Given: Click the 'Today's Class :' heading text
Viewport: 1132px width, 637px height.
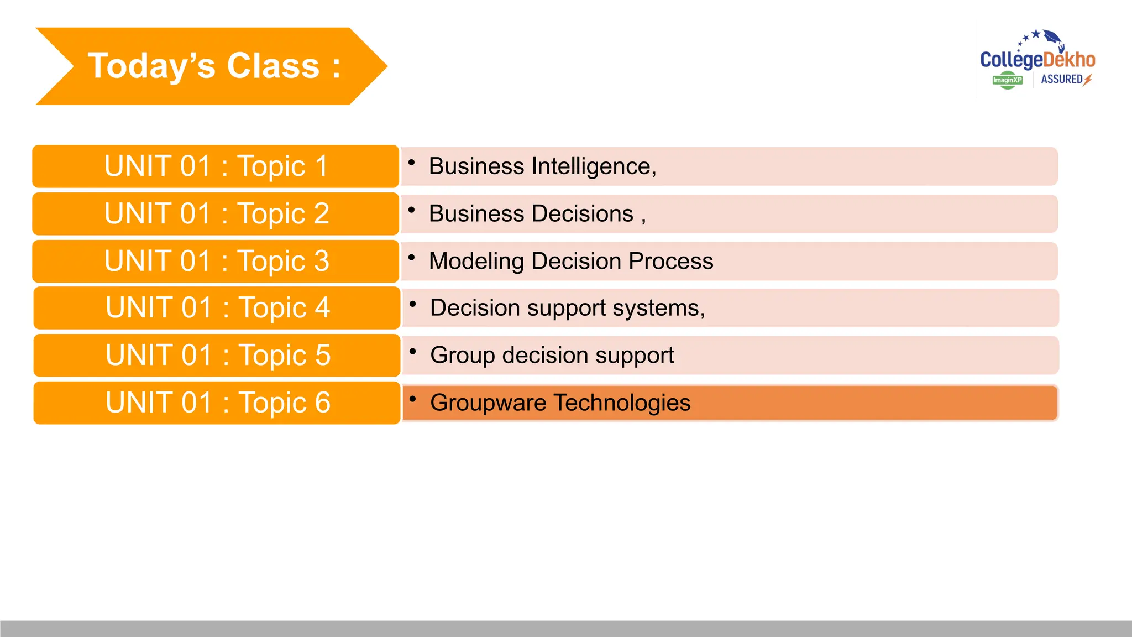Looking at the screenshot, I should click(214, 66).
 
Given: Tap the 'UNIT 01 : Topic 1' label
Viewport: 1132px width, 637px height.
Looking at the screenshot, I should click(216, 166).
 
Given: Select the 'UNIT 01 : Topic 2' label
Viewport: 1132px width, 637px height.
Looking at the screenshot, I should click(216, 214).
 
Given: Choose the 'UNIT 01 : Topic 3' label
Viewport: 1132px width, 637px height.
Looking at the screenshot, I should click(216, 261).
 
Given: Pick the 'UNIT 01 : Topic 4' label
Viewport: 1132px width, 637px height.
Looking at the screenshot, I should click(217, 308).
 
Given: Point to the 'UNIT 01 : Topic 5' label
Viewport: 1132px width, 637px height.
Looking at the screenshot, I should click(217, 356).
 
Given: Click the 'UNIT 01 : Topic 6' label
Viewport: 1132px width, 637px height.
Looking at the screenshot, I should click(217, 403).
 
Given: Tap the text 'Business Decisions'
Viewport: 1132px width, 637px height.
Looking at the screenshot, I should click(531, 214).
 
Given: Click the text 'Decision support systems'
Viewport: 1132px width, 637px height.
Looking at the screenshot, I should click(566, 308).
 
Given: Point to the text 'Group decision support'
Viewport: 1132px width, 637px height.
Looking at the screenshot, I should click(552, 356).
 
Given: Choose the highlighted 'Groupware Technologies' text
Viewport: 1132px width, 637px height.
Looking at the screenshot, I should click(560, 403).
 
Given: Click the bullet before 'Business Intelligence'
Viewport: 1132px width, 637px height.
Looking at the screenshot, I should click(411, 163).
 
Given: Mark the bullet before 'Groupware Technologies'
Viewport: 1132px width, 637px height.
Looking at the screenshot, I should click(412, 399).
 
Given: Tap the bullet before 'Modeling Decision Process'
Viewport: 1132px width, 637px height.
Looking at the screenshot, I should click(411, 257).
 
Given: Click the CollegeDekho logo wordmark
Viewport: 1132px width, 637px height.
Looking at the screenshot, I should click(1037, 60).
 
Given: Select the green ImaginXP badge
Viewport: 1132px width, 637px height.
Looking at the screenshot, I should click(1007, 80).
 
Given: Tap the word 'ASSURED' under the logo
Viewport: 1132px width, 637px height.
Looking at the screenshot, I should click(1061, 80).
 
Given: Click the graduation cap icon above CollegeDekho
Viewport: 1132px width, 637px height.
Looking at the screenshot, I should click(1053, 38).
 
